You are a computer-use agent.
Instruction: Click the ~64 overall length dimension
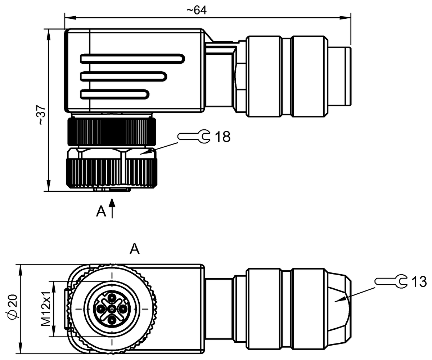196,10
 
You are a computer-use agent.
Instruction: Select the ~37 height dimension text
42,115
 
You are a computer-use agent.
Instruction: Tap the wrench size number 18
222,137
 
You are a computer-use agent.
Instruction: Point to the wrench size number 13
418,282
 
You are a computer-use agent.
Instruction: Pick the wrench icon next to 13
391,281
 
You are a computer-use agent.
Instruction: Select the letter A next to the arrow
101,212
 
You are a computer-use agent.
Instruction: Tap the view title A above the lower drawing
134,249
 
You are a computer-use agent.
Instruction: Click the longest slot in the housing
132,58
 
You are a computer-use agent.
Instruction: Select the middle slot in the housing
123,76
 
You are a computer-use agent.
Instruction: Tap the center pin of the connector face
112,309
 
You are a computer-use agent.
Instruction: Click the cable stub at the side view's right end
340,76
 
